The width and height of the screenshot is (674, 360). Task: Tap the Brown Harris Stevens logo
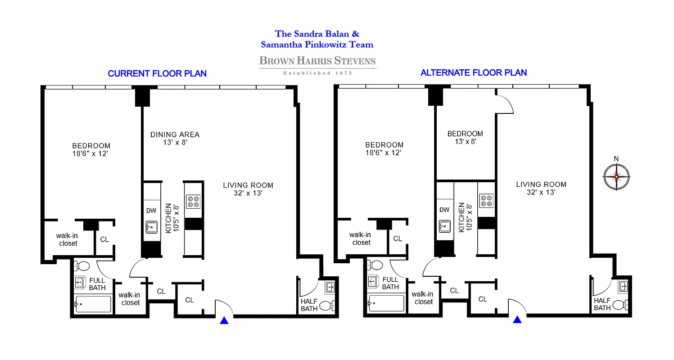pyautogui.click(x=317, y=61)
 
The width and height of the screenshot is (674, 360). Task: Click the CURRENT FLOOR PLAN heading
pyautogui.click(x=157, y=73)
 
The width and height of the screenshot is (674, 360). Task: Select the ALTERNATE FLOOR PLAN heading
pyautogui.click(x=473, y=72)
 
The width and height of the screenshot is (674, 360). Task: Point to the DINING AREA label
pyautogui.click(x=175, y=135)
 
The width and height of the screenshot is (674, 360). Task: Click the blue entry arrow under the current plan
pyautogui.click(x=224, y=320)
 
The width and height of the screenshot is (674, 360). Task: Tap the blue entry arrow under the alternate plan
pyautogui.click(x=517, y=319)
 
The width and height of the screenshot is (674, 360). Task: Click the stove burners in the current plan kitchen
pyautogui.click(x=194, y=202)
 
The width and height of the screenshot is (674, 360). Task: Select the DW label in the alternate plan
pyautogui.click(x=444, y=210)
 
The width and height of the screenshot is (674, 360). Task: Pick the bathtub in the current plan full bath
pyautogui.click(x=93, y=304)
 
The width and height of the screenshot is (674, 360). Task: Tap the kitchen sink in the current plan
pyautogui.click(x=152, y=227)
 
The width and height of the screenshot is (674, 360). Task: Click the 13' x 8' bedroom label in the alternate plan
pyautogui.click(x=465, y=137)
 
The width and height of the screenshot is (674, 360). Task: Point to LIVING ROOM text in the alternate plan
pyautogui.click(x=541, y=184)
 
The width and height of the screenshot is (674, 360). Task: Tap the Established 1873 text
pyautogui.click(x=317, y=72)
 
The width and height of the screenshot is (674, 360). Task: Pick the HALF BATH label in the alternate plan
pyautogui.click(x=602, y=304)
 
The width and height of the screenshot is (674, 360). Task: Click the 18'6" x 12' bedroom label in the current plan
pyautogui.click(x=91, y=149)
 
